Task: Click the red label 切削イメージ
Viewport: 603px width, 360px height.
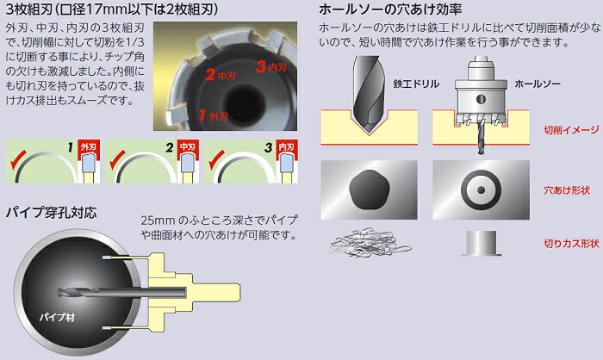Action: click(571, 130)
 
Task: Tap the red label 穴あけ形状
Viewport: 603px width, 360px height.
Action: click(567, 190)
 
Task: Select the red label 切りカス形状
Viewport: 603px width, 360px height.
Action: click(571, 244)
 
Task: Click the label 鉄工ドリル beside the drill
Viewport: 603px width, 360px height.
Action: click(416, 84)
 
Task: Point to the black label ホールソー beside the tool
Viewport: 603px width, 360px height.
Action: click(538, 84)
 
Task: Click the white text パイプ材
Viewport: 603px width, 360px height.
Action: click(57, 317)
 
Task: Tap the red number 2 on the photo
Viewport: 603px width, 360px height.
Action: click(210, 75)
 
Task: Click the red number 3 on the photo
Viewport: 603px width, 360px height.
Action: click(261, 66)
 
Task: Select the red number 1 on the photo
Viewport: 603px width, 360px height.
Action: click(202, 115)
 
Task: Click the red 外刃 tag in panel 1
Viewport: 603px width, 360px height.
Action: click(89, 147)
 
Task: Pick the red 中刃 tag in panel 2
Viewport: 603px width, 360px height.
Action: click(188, 147)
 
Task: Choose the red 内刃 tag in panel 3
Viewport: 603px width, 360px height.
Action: click(287, 147)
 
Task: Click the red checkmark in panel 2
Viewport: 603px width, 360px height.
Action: click(117, 160)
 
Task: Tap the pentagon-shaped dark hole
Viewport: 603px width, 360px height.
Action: click(370, 190)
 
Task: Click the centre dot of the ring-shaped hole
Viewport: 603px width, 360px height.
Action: click(481, 190)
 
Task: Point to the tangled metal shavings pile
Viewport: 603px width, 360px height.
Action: click(370, 242)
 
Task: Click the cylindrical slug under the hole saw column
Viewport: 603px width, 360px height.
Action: click(481, 243)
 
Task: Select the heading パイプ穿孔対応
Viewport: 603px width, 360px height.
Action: click(51, 213)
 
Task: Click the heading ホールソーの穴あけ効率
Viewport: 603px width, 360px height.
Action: click(390, 9)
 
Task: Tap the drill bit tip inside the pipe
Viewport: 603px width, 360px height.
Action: click(59, 293)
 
